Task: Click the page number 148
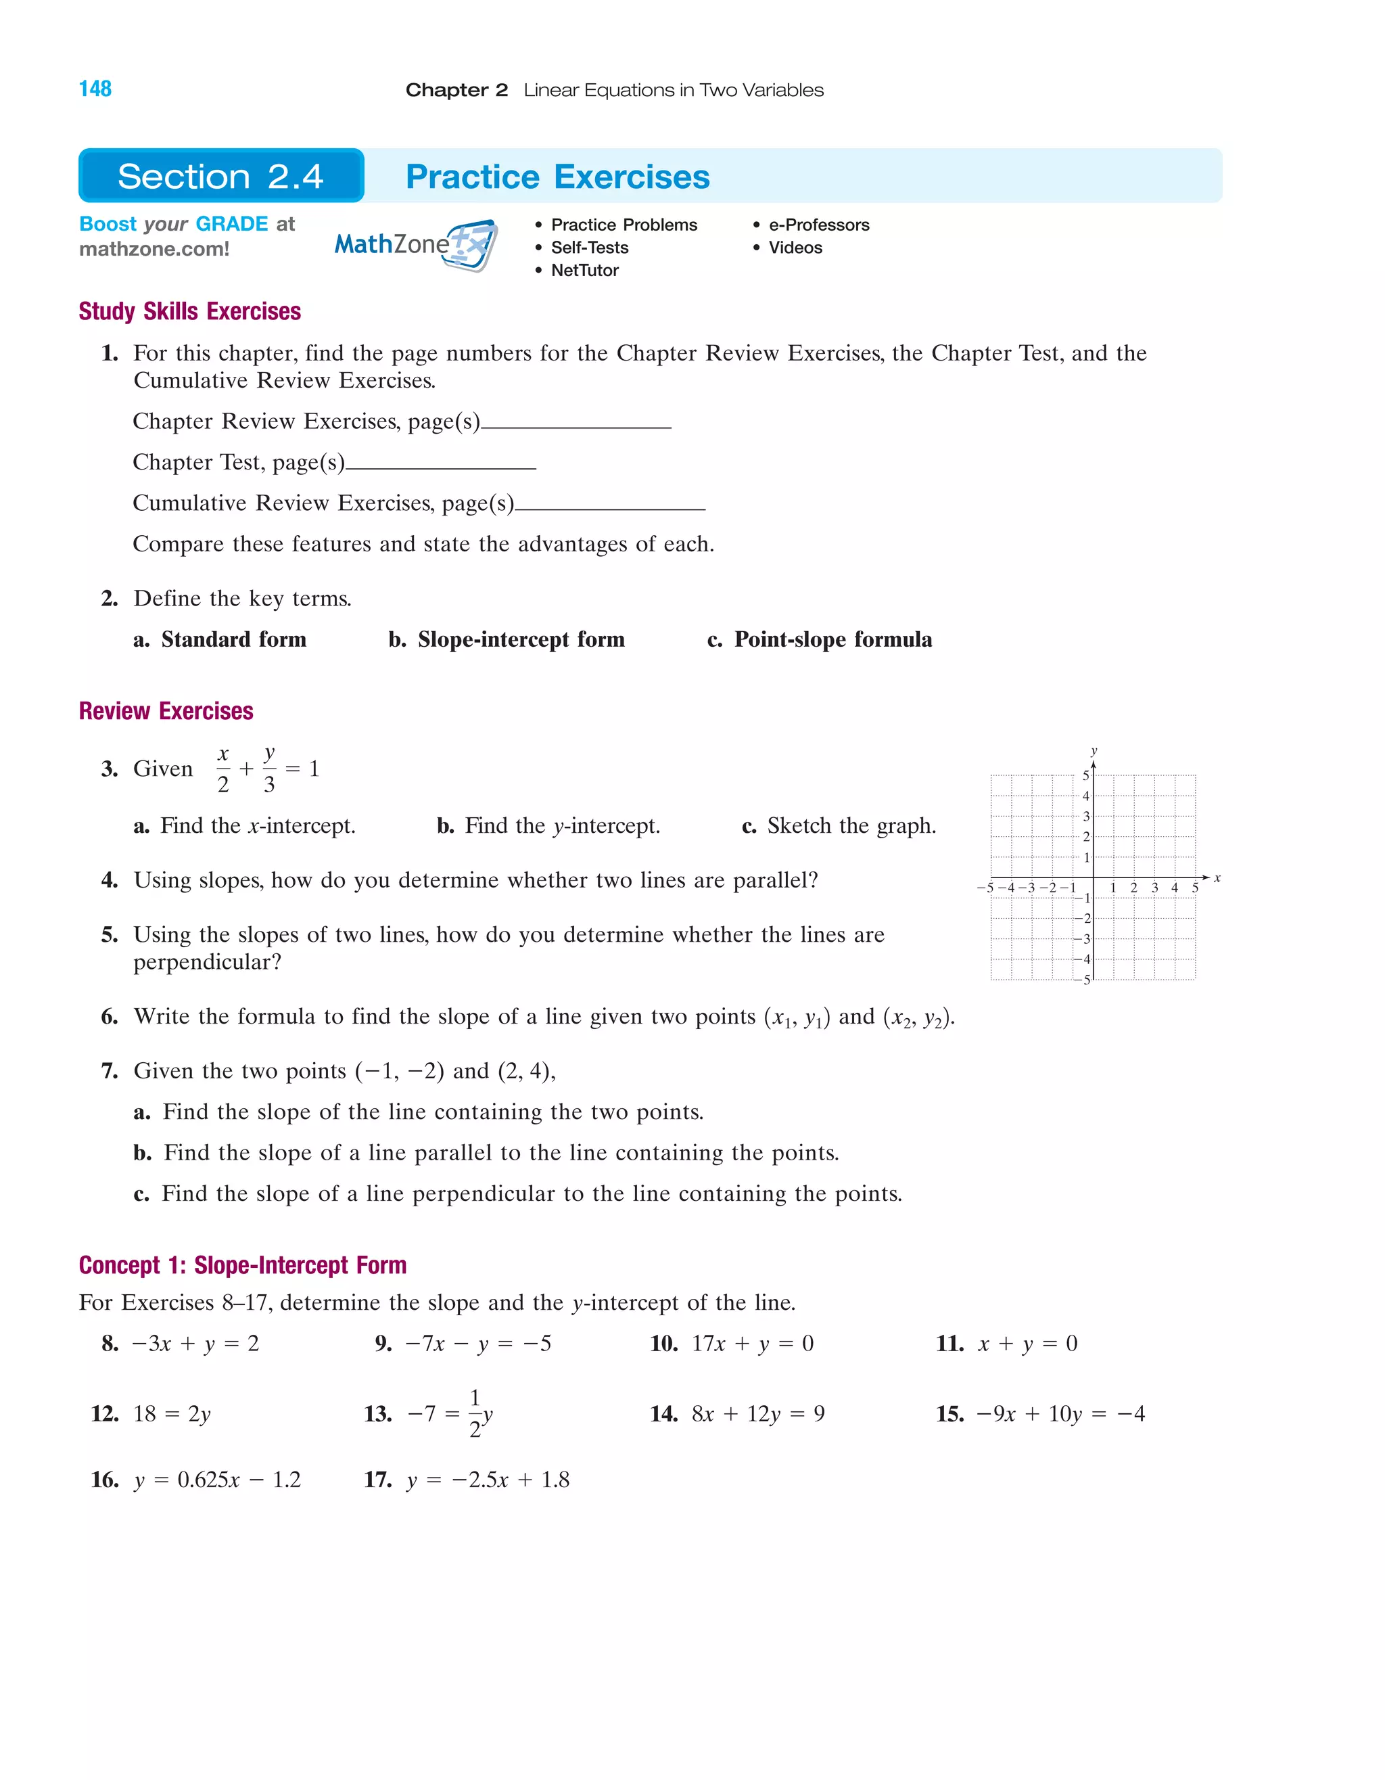[95, 89]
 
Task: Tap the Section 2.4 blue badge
[220, 176]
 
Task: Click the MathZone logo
[415, 244]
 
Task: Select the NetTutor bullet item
[584, 271]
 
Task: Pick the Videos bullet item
[795, 248]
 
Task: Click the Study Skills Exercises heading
[190, 311]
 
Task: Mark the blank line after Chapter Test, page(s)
[441, 466]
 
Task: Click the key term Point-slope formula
[832, 640]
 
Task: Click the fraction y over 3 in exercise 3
[269, 769]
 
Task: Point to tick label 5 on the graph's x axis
[1195, 888]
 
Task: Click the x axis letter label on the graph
[1217, 877]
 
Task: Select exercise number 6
[109, 1016]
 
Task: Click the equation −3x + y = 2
[195, 1344]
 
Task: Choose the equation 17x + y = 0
[752, 1344]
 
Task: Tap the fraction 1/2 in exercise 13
[475, 1414]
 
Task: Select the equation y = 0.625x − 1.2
[218, 1480]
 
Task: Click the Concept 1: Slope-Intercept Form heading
[243, 1265]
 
